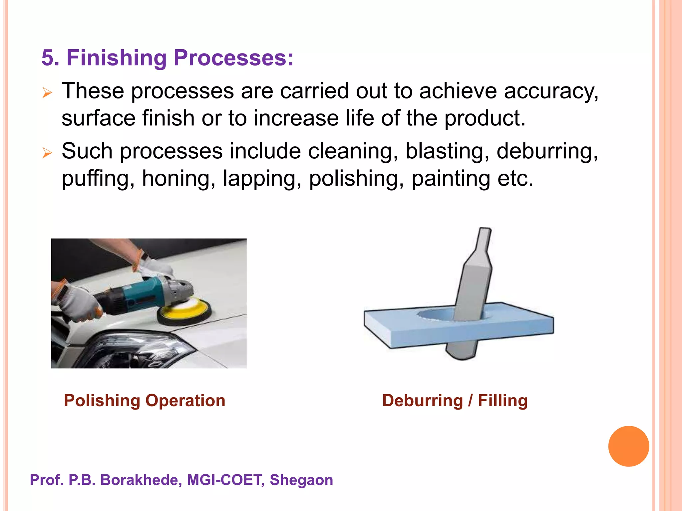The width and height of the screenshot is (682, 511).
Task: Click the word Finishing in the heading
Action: pyautogui.click(x=116, y=58)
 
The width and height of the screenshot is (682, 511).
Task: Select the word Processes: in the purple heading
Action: pyautogui.click(x=233, y=58)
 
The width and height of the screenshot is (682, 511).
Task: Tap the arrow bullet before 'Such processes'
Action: pyautogui.click(x=47, y=153)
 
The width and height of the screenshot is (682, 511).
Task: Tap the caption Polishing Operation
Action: pyautogui.click(x=145, y=401)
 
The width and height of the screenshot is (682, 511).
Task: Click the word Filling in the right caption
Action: pyautogui.click(x=503, y=401)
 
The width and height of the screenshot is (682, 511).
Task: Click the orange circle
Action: pyautogui.click(x=628, y=446)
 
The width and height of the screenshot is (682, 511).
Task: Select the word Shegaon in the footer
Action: pyautogui.click(x=301, y=480)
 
